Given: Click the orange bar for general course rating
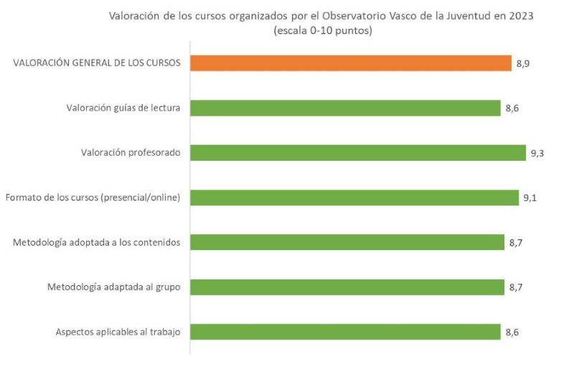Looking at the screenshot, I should [351, 63].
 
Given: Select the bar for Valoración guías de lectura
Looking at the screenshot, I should [345, 108].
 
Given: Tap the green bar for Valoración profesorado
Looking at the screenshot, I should [358, 153].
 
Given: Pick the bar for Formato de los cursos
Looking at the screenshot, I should [354, 198].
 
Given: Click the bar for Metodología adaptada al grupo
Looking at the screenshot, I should [347, 287].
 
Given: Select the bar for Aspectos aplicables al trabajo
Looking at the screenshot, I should [345, 332].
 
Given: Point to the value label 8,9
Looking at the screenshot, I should [523, 64].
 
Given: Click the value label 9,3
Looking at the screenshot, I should [538, 153].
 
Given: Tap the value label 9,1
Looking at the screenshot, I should [530, 198].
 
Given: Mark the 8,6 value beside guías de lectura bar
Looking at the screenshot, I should [512, 108].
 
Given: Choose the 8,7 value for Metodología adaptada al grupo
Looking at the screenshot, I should [516, 287].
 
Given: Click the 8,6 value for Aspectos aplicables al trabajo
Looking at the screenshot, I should [512, 333].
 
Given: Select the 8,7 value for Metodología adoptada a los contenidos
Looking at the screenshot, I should [516, 243].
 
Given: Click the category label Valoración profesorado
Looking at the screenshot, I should [131, 153].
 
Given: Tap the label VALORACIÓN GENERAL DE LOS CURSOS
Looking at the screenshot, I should [96, 63].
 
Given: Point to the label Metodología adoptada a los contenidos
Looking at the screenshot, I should [96, 243].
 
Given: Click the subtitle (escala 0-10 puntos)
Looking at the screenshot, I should [322, 31].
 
